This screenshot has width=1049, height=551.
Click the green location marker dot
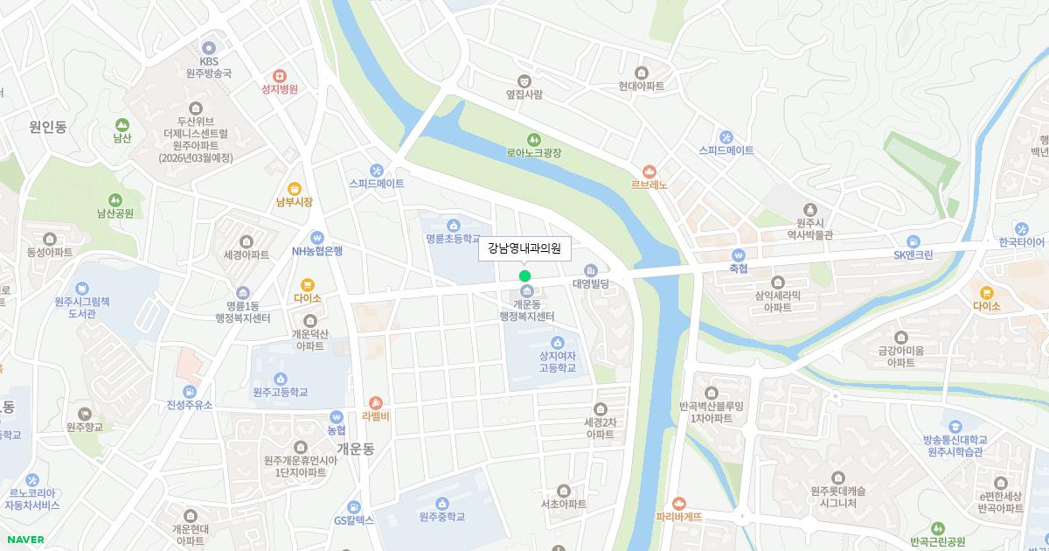[x=524, y=275]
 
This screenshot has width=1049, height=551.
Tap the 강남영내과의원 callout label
[x=524, y=249]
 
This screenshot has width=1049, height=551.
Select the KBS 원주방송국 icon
[x=208, y=47]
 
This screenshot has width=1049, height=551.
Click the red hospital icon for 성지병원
[x=280, y=75]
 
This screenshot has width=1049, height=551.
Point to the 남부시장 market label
[x=294, y=202]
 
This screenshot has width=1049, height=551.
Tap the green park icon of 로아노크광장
[x=533, y=139]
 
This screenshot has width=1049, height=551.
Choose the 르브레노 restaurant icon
[x=649, y=171]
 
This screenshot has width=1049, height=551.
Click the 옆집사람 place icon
[x=524, y=80]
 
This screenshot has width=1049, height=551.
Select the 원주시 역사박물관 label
[x=809, y=228]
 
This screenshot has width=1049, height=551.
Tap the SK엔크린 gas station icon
[x=914, y=241]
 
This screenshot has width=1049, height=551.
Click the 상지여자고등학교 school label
[x=558, y=361]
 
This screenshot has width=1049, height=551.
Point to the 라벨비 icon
[x=375, y=402]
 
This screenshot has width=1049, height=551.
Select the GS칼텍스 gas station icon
[x=353, y=506]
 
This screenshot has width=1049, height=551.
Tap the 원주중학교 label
[x=441, y=516]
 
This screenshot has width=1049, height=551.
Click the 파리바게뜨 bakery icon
[x=679, y=503]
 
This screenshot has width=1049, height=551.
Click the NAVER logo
[x=24, y=540]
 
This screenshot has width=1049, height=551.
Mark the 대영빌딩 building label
[x=590, y=283]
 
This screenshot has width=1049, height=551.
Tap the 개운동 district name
[x=355, y=449]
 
